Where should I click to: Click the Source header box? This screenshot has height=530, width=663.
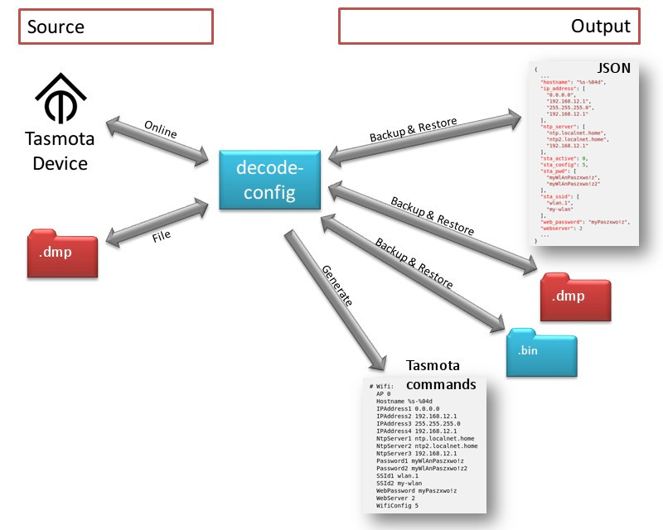pos(116,26)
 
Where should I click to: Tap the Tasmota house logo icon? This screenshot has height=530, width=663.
pos(60,98)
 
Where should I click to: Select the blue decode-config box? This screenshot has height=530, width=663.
pos(269,180)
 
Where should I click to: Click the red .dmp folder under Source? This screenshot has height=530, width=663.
pos(60,253)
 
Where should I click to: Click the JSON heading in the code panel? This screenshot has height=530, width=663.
pos(613,67)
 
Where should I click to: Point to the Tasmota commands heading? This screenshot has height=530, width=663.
pos(441,375)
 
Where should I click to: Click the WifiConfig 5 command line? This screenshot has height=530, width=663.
pos(397,504)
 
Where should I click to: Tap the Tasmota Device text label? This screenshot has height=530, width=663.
pos(60,150)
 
